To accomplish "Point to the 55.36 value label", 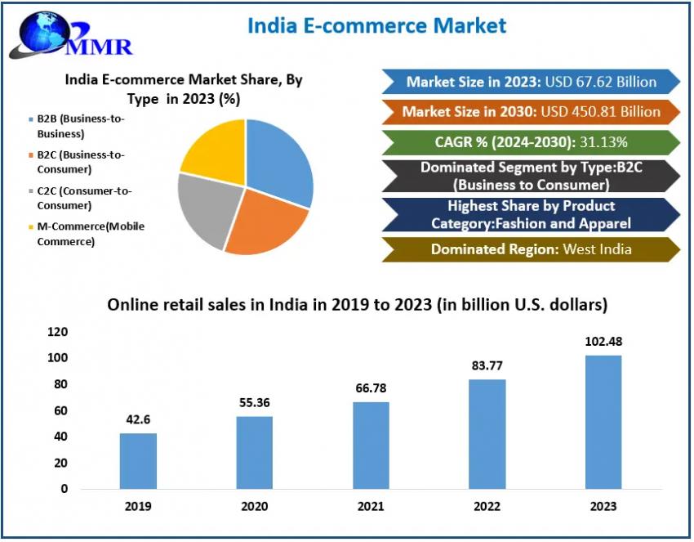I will pyautogui.click(x=255, y=402).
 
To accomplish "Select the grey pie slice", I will pyautogui.click(x=207, y=208).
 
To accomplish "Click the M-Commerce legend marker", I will pyautogui.click(x=30, y=226).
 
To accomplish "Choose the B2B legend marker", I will pyautogui.click(x=30, y=119).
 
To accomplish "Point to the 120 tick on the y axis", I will pyautogui.click(x=80, y=332).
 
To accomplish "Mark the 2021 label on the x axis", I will pyautogui.click(x=371, y=507).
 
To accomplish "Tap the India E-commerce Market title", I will pyautogui.click(x=376, y=25).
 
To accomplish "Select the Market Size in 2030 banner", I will pyautogui.click(x=531, y=111).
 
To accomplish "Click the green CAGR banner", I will pyautogui.click(x=531, y=142).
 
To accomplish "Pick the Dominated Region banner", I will pyautogui.click(x=531, y=249).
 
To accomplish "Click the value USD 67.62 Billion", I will pyautogui.click(x=600, y=81).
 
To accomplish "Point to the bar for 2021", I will pyautogui.click(x=371, y=445).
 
